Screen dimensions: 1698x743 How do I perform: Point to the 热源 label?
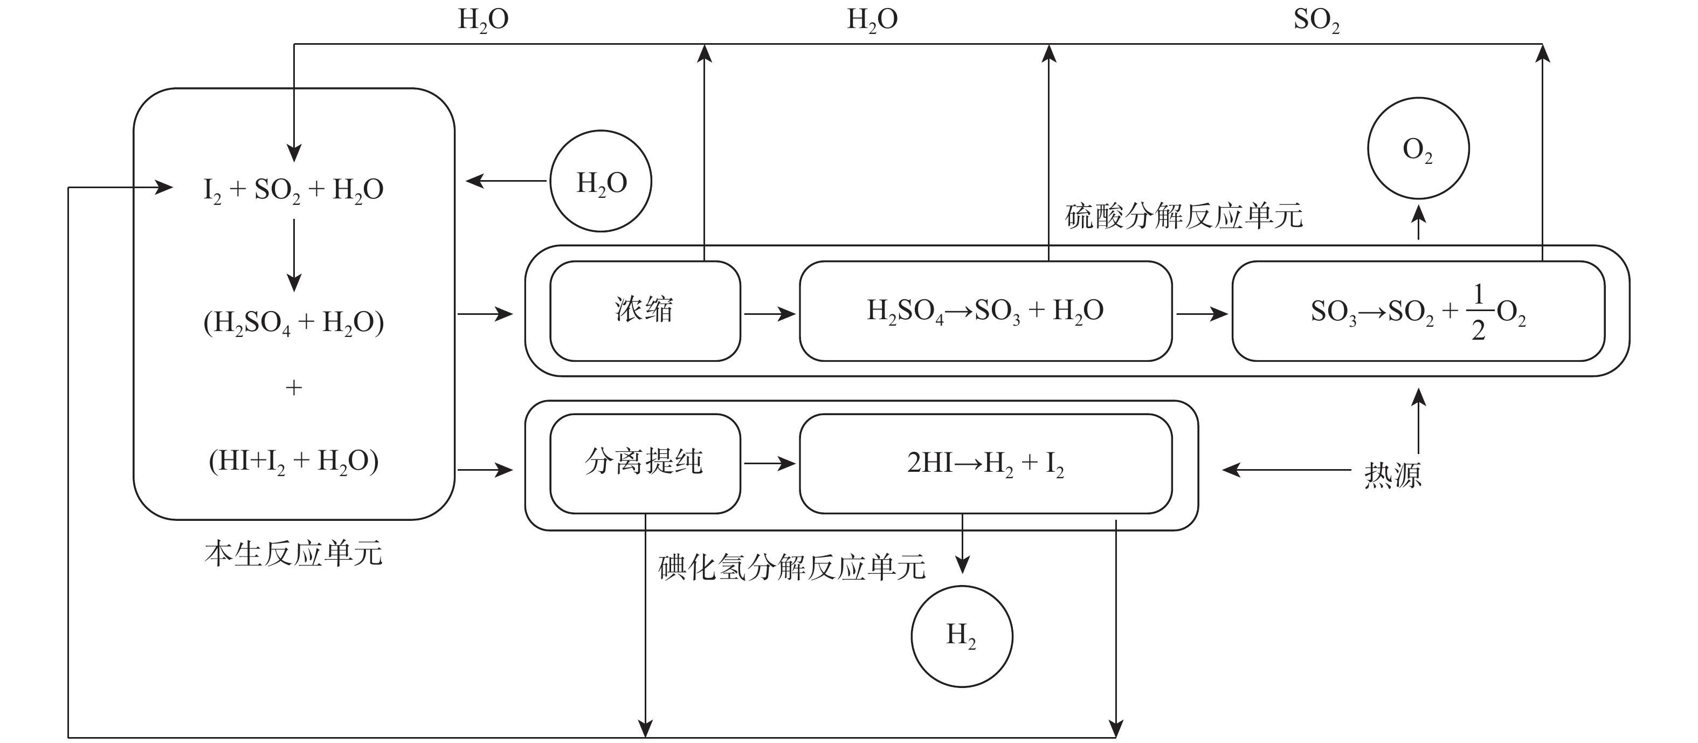coord(1393,474)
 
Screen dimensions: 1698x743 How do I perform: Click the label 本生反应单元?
coord(293,554)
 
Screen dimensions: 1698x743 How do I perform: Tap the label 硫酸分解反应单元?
coord(1184,216)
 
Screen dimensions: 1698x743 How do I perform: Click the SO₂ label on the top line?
coord(1316,20)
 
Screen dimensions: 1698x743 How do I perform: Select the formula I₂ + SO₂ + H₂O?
coord(293,190)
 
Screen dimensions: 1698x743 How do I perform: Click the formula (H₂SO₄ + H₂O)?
coord(293,323)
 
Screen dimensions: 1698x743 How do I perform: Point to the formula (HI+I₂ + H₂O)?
coord(293,462)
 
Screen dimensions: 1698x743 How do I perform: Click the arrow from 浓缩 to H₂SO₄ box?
coord(770,314)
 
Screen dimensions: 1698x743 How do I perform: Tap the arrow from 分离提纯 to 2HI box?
coord(770,464)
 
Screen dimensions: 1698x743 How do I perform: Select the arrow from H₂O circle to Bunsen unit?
coord(506,181)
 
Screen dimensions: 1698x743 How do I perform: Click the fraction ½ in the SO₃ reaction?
coord(1479,311)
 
